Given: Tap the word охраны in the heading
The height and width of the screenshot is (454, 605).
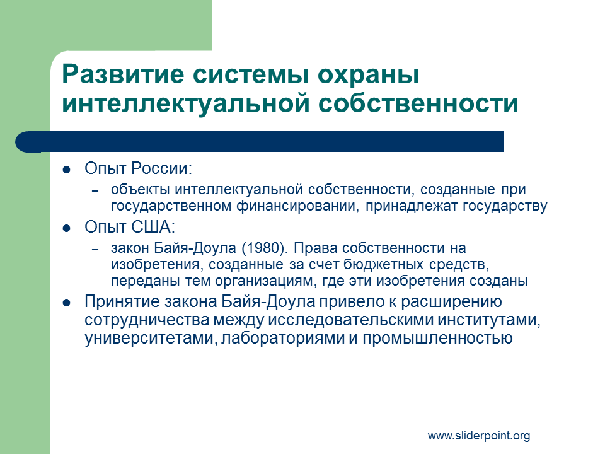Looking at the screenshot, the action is click(x=368, y=74).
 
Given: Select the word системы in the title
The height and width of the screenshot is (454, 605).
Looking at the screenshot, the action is click(x=251, y=74).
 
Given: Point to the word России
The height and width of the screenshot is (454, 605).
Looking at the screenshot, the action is click(x=161, y=168).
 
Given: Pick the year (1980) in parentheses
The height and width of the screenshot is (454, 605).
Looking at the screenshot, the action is click(x=265, y=248).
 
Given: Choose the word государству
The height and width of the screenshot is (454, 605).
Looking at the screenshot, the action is click(x=505, y=207).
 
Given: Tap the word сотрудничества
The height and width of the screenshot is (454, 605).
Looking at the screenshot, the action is click(x=147, y=320).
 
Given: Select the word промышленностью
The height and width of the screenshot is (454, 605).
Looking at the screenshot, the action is click(x=437, y=339).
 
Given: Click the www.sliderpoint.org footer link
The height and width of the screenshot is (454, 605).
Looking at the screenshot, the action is click(x=479, y=436).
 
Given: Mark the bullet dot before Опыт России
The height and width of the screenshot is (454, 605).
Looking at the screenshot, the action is click(x=66, y=170).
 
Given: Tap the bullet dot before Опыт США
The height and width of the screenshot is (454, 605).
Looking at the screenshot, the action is click(x=66, y=228).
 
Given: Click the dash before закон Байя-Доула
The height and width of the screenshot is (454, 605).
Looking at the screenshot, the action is click(x=95, y=250).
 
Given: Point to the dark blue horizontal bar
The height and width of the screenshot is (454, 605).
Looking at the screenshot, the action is click(x=260, y=142).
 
